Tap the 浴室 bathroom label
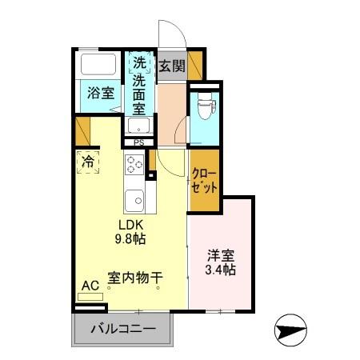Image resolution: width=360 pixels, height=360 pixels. (101, 93)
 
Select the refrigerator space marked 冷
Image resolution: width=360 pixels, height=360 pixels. (87, 161)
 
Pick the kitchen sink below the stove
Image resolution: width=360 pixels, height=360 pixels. (134, 197)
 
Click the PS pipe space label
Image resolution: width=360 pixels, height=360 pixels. (138, 143)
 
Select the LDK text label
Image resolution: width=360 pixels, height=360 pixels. (132, 225)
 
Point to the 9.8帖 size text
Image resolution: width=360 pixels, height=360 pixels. (132, 238)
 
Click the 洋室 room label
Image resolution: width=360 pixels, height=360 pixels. (221, 257)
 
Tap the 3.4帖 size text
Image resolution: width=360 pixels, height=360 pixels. (221, 270)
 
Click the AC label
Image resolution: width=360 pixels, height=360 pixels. (90, 285)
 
